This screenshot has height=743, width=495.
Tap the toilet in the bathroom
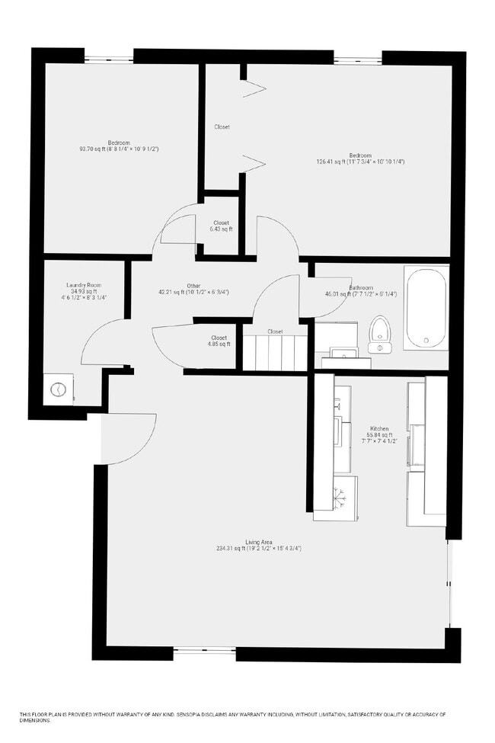tap(378, 335)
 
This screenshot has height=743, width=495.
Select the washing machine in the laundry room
tap(59, 389)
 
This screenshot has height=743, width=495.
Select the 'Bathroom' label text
tap(361, 288)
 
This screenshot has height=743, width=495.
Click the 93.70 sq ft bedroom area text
tap(119, 149)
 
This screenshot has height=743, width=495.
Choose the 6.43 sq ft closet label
tap(221, 229)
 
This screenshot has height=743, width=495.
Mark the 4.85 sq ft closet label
tap(219, 344)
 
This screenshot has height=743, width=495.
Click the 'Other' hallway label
tap(193, 286)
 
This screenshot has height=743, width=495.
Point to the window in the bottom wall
tap(204, 653)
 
